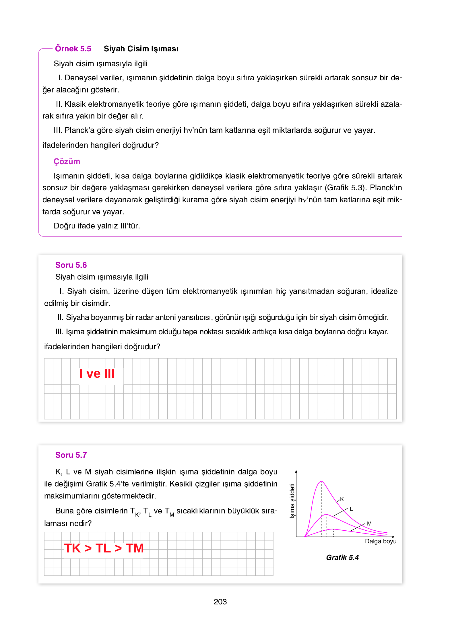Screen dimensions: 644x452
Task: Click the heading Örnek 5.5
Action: pos(73,49)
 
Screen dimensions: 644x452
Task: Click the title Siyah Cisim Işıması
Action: pos(141,49)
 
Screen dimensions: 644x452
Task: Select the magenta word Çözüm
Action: pos(67,162)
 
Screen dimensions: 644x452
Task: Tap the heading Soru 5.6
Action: pos(71,265)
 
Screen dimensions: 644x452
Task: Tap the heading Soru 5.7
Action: pos(71,455)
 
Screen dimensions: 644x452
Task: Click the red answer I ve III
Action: pos(97,374)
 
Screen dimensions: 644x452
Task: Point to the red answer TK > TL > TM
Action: pos(104,548)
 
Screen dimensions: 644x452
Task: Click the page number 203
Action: pos(220,602)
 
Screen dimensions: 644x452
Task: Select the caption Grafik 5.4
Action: pos(342,558)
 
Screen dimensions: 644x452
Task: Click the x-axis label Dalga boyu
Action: pos(381,541)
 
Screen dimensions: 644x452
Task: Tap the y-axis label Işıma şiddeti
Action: pos(292,501)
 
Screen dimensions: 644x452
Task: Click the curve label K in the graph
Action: pos(342,499)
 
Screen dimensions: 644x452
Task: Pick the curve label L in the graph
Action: pos(351,509)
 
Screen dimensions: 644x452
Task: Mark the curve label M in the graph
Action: pos(369,524)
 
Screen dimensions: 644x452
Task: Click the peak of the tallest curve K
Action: pos(322,482)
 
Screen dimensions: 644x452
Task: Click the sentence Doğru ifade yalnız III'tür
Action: pos(97,226)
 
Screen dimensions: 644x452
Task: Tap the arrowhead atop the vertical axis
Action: pos(296,472)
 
